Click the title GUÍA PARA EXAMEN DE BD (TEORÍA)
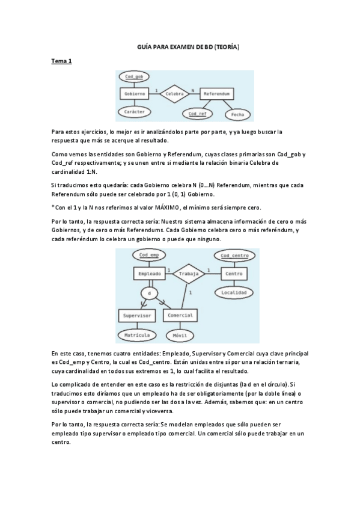click(x=180, y=47)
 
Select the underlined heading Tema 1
click(x=61, y=61)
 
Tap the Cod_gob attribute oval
click(x=134, y=77)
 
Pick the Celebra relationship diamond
click(x=174, y=94)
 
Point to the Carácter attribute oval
click(x=134, y=112)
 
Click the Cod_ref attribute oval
click(x=198, y=113)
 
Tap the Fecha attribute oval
click(x=236, y=114)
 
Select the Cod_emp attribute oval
click(x=148, y=256)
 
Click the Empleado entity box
click(x=148, y=274)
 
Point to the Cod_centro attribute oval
click(x=233, y=256)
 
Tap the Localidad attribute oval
click(x=233, y=292)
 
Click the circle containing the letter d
click(x=148, y=293)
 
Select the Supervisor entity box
click(x=136, y=315)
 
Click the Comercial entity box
click(x=180, y=315)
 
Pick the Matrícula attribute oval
click(x=136, y=334)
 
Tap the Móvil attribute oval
click(x=180, y=334)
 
